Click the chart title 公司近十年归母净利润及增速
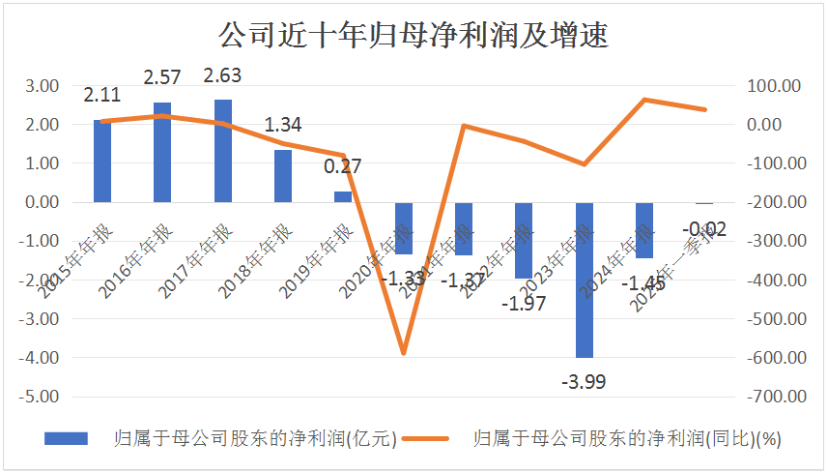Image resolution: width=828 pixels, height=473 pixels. tap(413, 37)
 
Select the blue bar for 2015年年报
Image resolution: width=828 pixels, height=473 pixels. tap(102, 161)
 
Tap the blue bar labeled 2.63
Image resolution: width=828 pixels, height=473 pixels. tap(223, 151)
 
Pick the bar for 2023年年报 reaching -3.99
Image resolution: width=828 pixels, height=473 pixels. tap(585, 280)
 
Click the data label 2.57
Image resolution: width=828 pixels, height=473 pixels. tap(163, 76)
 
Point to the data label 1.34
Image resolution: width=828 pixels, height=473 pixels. tap(283, 125)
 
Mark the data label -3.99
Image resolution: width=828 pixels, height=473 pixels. tap(584, 381)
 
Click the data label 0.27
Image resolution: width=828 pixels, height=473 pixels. tap(342, 166)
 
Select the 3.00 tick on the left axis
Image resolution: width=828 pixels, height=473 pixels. tap(42, 85)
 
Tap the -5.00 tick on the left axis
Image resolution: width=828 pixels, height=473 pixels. tap(40, 397)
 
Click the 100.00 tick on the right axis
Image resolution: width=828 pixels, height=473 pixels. tap(774, 85)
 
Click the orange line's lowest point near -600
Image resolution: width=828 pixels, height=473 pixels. tap(404, 354)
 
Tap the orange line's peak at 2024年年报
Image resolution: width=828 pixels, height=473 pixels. tap(644, 100)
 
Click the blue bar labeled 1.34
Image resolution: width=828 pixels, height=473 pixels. tap(283, 176)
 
